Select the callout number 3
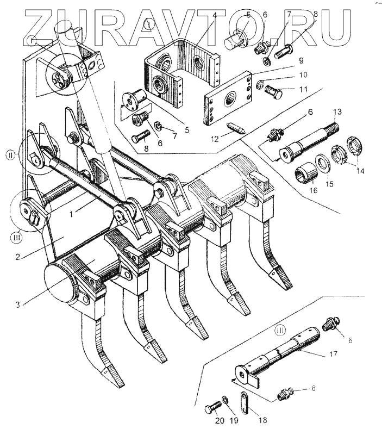coord(18,305)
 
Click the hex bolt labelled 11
coord(273,93)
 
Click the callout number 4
coord(216,15)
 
